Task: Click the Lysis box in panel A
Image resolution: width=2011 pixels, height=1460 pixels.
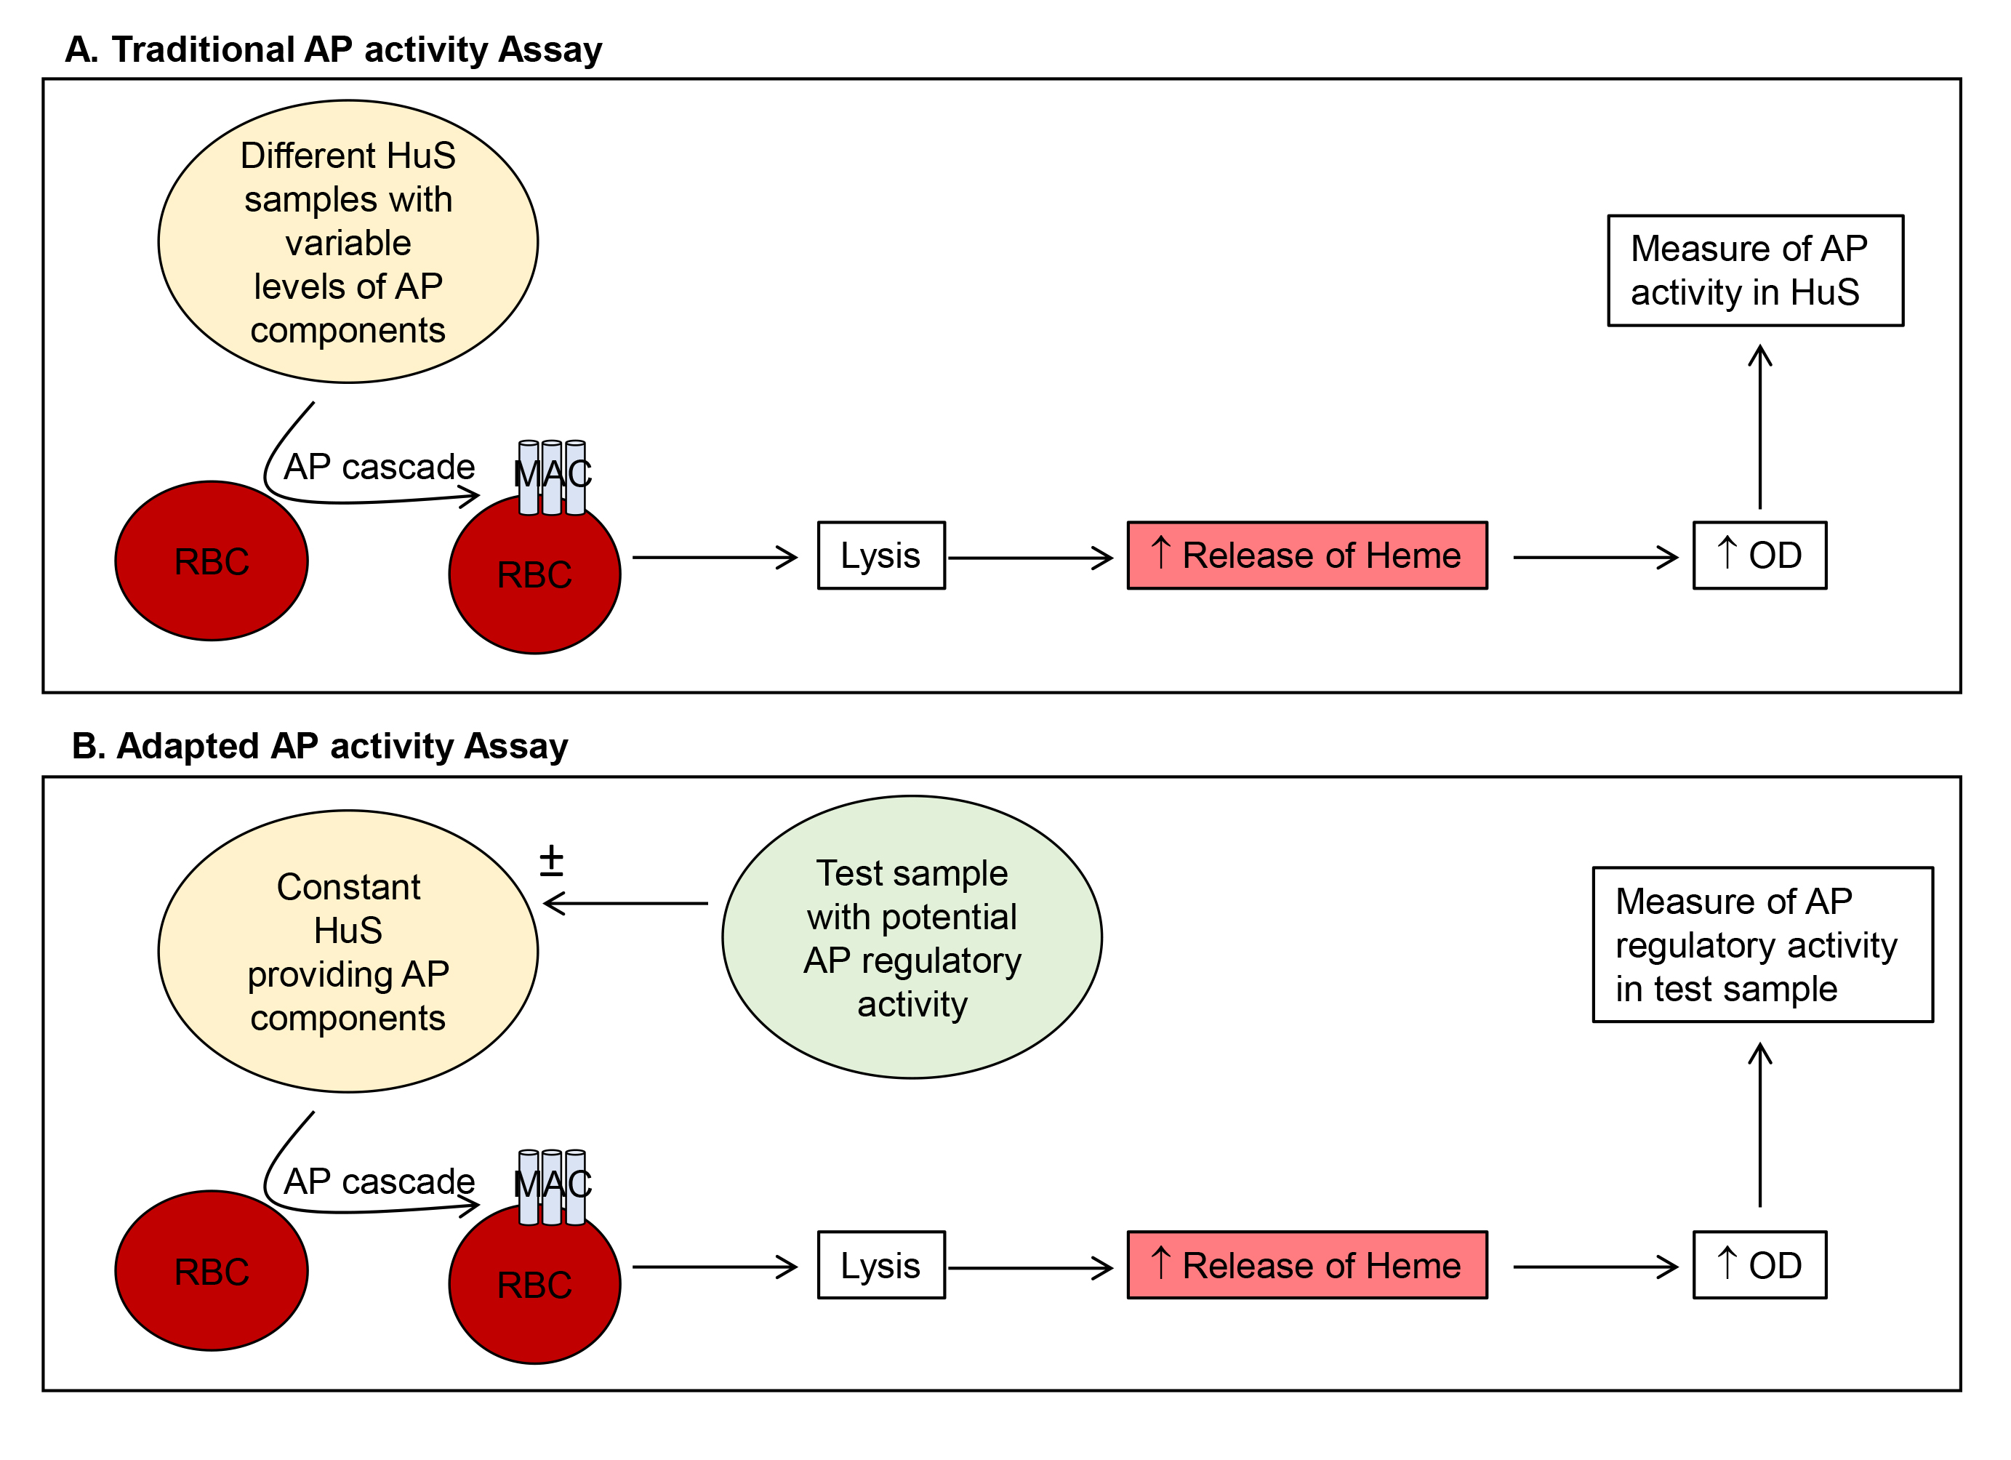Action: point(881,555)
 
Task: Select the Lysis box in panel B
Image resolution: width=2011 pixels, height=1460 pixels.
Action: point(881,1265)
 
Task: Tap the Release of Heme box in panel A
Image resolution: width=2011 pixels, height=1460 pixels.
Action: point(1307,555)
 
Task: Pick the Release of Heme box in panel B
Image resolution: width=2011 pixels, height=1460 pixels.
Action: point(1307,1265)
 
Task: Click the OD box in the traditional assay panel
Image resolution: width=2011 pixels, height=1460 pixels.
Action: point(1760,555)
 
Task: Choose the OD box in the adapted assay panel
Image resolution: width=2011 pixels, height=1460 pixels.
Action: point(1760,1265)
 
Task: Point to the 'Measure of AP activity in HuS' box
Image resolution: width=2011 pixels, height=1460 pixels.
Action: point(1756,270)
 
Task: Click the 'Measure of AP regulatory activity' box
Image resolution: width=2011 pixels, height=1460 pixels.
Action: point(1763,944)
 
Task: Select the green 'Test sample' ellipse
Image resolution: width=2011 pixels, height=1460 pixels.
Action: point(912,937)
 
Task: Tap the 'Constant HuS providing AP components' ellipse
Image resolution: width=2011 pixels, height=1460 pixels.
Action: point(348,951)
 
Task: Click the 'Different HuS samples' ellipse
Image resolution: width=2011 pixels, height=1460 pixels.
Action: point(348,241)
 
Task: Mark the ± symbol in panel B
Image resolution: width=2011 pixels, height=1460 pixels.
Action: point(552,859)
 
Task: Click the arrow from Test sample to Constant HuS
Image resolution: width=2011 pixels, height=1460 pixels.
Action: point(626,904)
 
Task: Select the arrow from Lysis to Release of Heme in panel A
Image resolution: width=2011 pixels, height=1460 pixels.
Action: point(1030,558)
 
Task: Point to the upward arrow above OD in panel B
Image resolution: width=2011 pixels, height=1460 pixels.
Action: point(1760,1126)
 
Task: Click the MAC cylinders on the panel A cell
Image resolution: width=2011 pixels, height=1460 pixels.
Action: point(552,477)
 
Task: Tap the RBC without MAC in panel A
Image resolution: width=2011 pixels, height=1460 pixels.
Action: point(212,561)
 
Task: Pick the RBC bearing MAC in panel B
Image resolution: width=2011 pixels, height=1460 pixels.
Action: point(534,1283)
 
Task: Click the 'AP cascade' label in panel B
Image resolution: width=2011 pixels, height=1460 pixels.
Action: point(380,1182)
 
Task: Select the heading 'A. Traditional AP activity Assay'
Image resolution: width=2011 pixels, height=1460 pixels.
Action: point(334,49)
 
